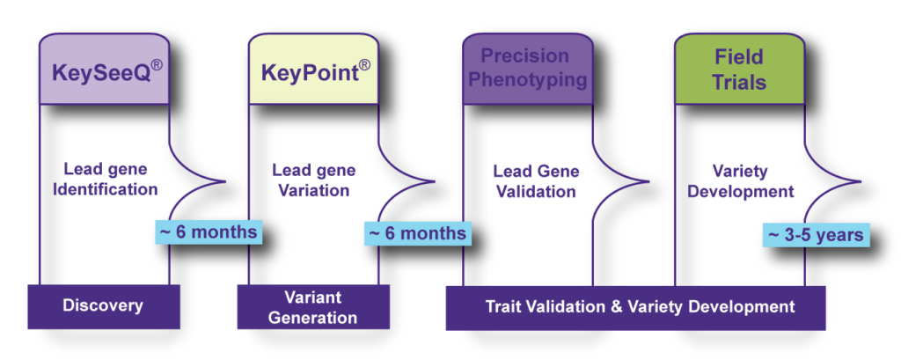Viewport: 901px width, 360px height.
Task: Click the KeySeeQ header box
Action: pos(105,69)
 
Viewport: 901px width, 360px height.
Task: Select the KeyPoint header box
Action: pos(314,69)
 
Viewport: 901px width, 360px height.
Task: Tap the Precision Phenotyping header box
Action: pos(528,69)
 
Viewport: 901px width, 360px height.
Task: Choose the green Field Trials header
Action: pos(739,69)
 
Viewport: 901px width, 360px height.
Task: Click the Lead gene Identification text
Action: pos(106,180)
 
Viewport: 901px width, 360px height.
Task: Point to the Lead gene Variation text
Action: pos(314,180)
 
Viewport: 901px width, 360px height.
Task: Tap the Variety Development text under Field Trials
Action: pos(741,181)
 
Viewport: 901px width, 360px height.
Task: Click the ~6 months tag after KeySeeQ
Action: pos(209,231)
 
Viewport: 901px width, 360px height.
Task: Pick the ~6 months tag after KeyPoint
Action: pos(418,233)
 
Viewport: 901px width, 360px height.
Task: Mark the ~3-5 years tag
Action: pos(816,235)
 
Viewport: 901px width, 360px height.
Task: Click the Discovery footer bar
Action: pos(104,306)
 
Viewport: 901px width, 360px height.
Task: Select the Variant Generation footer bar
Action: pos(313,306)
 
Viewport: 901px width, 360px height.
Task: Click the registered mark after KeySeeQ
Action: pos(157,65)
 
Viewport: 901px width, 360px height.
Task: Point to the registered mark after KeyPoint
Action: pos(364,65)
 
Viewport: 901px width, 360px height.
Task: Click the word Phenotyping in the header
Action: pos(528,79)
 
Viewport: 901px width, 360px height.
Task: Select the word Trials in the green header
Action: pos(739,81)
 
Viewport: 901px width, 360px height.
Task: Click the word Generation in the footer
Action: pos(313,317)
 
